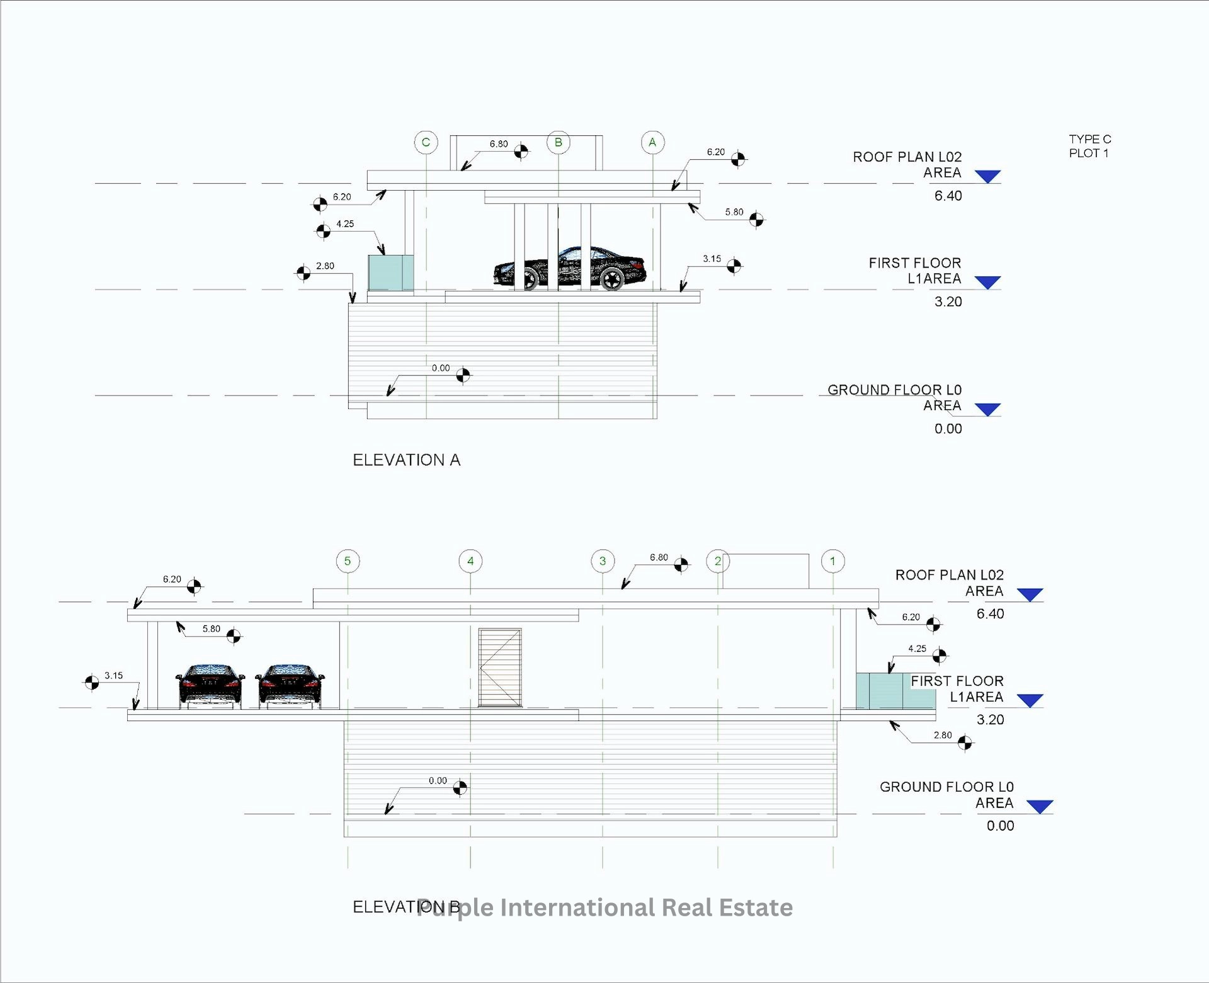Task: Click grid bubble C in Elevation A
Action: pos(426,142)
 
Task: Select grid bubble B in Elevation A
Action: pos(558,142)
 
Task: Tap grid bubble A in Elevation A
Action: pos(652,142)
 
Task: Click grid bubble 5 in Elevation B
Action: pos(348,561)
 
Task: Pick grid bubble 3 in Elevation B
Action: pos(603,561)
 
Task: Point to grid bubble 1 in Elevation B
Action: pos(832,561)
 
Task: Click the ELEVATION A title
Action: pos(406,460)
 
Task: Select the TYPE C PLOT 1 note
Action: pos(1089,146)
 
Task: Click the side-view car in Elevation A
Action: pos(570,268)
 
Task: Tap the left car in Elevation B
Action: pos(210,685)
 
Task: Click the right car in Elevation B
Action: pos(290,685)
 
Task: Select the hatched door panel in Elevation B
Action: pos(500,668)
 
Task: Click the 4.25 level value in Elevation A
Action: pos(345,224)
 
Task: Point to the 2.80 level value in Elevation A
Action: pos(325,266)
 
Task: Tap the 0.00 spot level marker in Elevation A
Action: pos(463,375)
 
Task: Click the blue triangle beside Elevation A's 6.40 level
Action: pos(987,176)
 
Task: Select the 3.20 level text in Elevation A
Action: pos(948,302)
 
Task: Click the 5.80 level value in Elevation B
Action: pos(212,629)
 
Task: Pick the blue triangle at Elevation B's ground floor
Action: pos(1039,807)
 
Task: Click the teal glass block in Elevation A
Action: pos(390,273)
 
